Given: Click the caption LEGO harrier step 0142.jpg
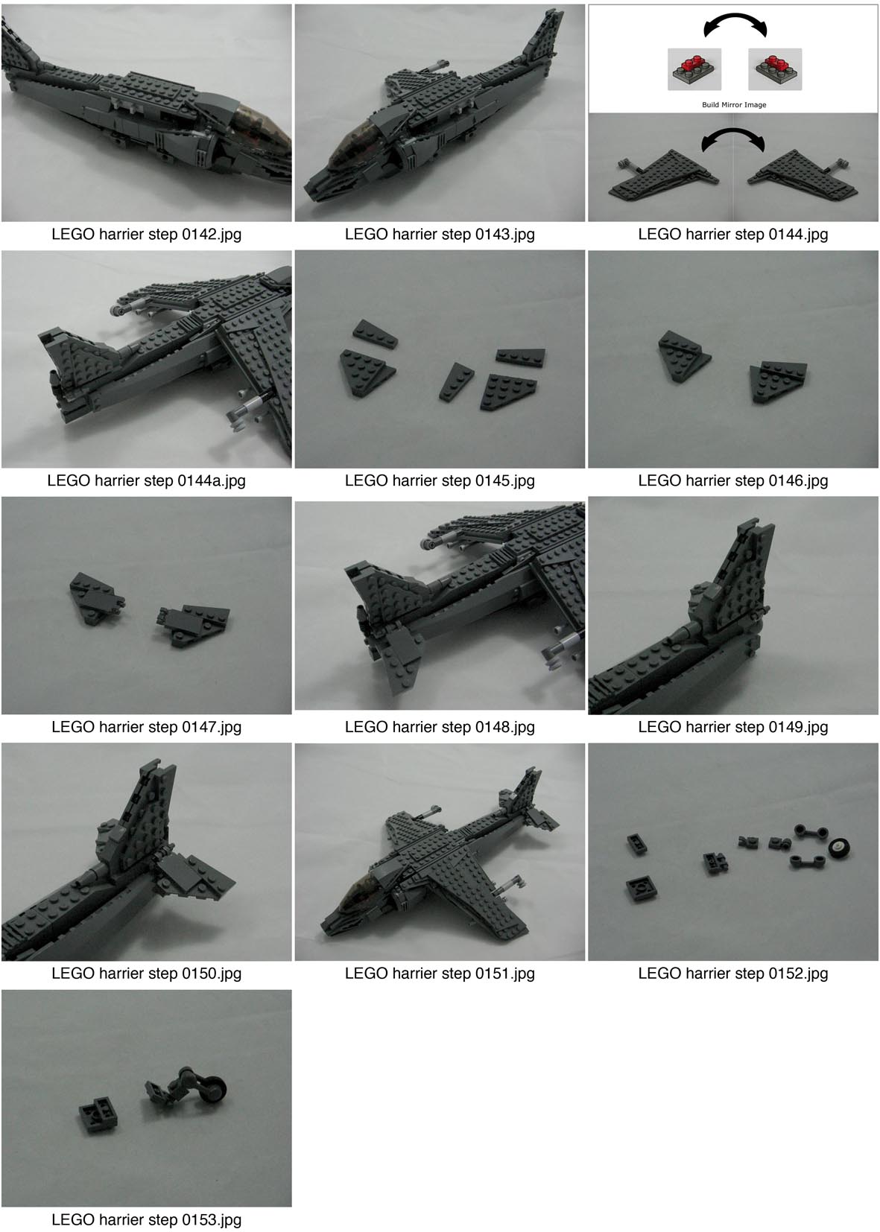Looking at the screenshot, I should (146, 234).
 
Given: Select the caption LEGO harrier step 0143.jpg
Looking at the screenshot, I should (440, 234).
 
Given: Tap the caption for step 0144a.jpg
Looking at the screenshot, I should (146, 480).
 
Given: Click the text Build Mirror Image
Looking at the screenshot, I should (733, 105).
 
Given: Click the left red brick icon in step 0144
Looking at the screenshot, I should (694, 69).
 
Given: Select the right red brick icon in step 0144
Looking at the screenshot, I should (774, 69).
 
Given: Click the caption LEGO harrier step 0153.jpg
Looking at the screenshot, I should (146, 1219).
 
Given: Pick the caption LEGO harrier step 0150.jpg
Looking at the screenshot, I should (146, 973).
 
